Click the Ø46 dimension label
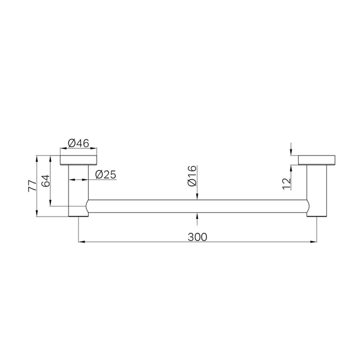click(79, 143)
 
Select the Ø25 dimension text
click(106, 175)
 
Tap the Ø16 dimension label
click(192, 176)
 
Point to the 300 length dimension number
click(197, 237)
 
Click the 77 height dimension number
click(32, 186)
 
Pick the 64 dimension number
click(45, 181)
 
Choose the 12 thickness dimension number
click(287, 184)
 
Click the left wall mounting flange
click(78, 160)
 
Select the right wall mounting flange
click(317, 160)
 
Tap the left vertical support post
click(79, 191)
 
